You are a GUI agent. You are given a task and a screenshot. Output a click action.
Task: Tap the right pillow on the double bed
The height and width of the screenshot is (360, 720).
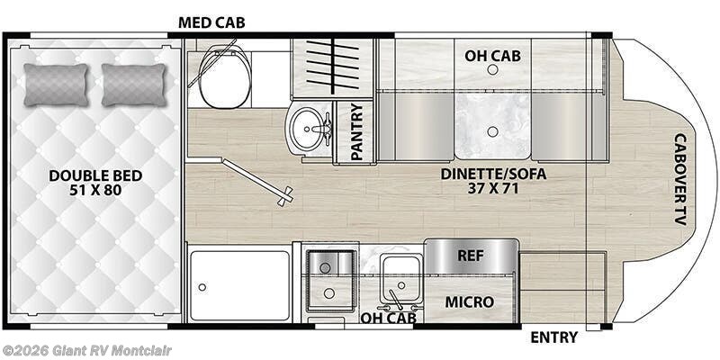(x=135, y=85)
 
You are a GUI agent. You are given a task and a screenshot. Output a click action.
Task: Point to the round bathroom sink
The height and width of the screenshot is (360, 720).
(x=310, y=130)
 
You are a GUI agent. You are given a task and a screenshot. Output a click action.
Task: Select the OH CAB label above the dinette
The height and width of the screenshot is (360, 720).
(x=492, y=56)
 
